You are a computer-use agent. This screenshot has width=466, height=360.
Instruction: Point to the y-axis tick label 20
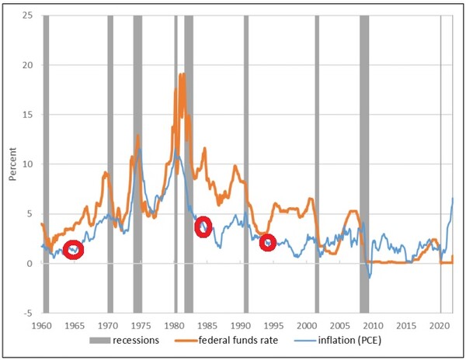pos(29,65)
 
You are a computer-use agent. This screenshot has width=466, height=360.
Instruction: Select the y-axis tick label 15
pos(29,115)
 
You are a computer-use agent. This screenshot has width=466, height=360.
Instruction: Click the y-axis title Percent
pos(13,164)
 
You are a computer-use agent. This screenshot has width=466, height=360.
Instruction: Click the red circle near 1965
pos(73,250)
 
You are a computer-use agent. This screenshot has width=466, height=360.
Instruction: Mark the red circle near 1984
pos(203,227)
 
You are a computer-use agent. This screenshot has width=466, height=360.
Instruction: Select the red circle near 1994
pos(268,243)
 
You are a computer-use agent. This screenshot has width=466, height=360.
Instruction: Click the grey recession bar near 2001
pos(317,163)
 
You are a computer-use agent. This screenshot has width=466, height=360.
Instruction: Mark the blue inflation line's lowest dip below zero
pos(369,277)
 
